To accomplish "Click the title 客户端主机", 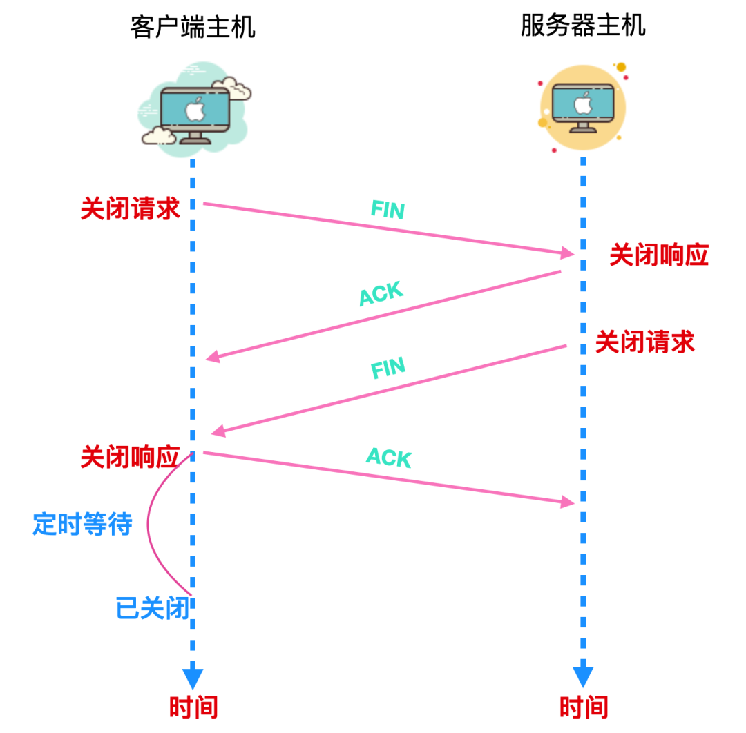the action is [x=193, y=27].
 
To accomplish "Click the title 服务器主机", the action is [x=583, y=26].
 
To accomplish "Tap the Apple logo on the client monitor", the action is [x=195, y=110].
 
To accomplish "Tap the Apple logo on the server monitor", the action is [x=583, y=103].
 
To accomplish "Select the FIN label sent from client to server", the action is [x=388, y=210].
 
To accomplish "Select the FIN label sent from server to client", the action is [x=388, y=368].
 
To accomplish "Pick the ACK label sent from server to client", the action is [x=381, y=293].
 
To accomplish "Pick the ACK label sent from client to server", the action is [x=389, y=458].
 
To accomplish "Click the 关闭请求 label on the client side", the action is [x=130, y=208].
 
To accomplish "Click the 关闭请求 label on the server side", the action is [x=644, y=342].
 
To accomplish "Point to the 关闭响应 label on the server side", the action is [x=659, y=255].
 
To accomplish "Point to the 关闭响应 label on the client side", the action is [x=130, y=457].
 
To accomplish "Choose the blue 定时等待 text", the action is [x=82, y=524].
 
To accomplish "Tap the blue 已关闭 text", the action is [x=153, y=608].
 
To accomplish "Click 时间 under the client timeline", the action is [x=193, y=707].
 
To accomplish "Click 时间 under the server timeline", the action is [x=584, y=707].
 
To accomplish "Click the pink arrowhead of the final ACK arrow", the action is [x=568, y=502].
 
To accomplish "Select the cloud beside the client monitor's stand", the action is [x=159, y=136].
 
